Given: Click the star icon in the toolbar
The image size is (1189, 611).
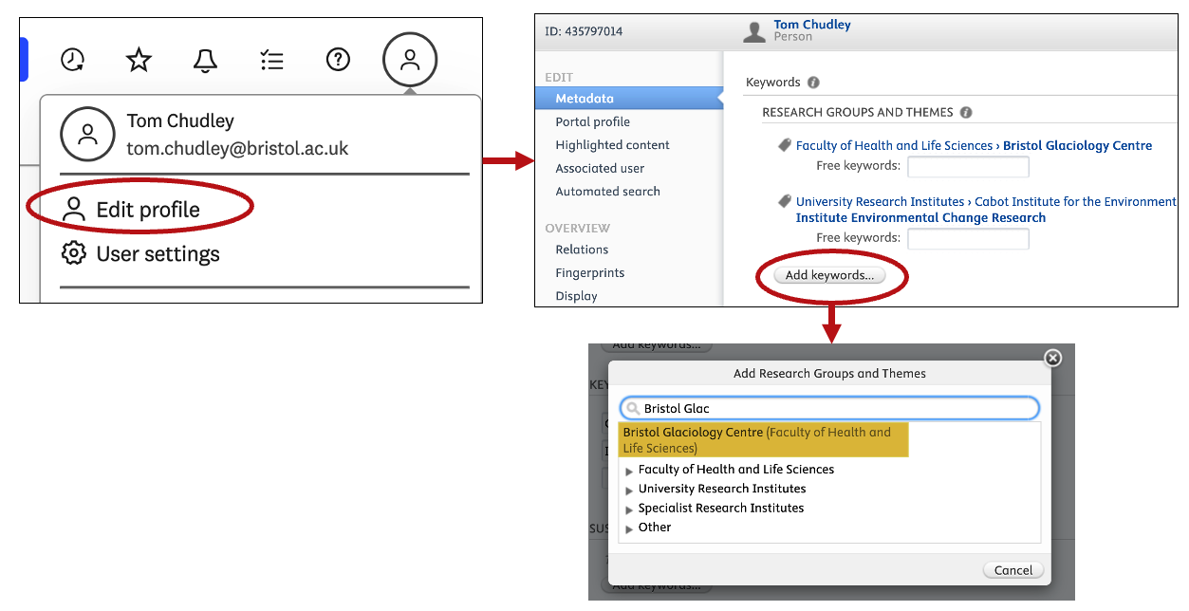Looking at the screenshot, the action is click(139, 60).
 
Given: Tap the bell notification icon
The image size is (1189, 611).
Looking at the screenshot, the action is click(205, 60).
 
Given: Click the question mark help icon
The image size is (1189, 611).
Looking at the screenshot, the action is click(338, 60).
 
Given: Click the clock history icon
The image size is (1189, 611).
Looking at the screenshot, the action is click(73, 60).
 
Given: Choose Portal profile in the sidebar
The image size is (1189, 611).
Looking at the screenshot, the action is click(592, 121).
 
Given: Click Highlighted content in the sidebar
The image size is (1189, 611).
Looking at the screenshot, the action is click(612, 145).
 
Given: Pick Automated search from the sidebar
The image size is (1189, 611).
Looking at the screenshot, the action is click(607, 191).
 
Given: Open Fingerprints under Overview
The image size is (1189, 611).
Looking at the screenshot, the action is click(589, 273).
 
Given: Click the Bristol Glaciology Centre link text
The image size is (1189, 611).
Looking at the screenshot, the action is click(1077, 145).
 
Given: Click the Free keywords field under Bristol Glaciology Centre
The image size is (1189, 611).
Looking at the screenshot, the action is click(968, 167).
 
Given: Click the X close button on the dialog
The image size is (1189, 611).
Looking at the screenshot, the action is click(1052, 359).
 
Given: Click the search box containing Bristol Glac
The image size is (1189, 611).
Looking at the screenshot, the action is click(829, 408).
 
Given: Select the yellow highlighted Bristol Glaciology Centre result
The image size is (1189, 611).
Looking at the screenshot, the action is click(763, 439).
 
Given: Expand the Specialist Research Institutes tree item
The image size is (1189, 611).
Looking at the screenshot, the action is click(629, 509).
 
